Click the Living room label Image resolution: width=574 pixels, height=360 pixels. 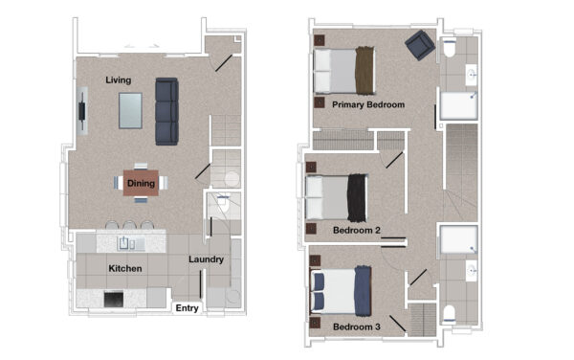[x=119, y=80]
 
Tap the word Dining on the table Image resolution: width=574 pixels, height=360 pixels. [x=141, y=183]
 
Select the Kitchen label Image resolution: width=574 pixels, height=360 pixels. [x=125, y=268]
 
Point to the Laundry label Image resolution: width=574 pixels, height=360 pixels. [x=206, y=259]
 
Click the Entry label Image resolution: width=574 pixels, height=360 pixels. [x=188, y=308]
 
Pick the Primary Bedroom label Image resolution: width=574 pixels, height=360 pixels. [x=368, y=104]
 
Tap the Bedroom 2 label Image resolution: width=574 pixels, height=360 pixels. [x=357, y=231]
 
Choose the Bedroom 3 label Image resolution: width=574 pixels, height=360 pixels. [x=357, y=326]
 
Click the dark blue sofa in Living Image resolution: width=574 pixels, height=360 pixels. [x=166, y=111]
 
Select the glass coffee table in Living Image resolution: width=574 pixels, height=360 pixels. [x=130, y=111]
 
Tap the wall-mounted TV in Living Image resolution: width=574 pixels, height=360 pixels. [x=82, y=111]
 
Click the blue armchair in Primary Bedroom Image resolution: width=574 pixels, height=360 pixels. [x=420, y=45]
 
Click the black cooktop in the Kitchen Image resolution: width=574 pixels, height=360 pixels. [x=114, y=300]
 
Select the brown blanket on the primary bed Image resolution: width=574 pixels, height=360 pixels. [x=365, y=70]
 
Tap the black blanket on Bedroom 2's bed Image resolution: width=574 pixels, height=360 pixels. [x=357, y=198]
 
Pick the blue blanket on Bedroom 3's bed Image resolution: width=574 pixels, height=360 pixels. [x=364, y=291]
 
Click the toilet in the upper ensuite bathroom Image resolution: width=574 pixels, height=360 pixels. [x=450, y=48]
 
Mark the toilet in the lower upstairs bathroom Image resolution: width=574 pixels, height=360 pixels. [x=450, y=315]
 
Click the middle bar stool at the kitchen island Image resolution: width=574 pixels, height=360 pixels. [x=129, y=224]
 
